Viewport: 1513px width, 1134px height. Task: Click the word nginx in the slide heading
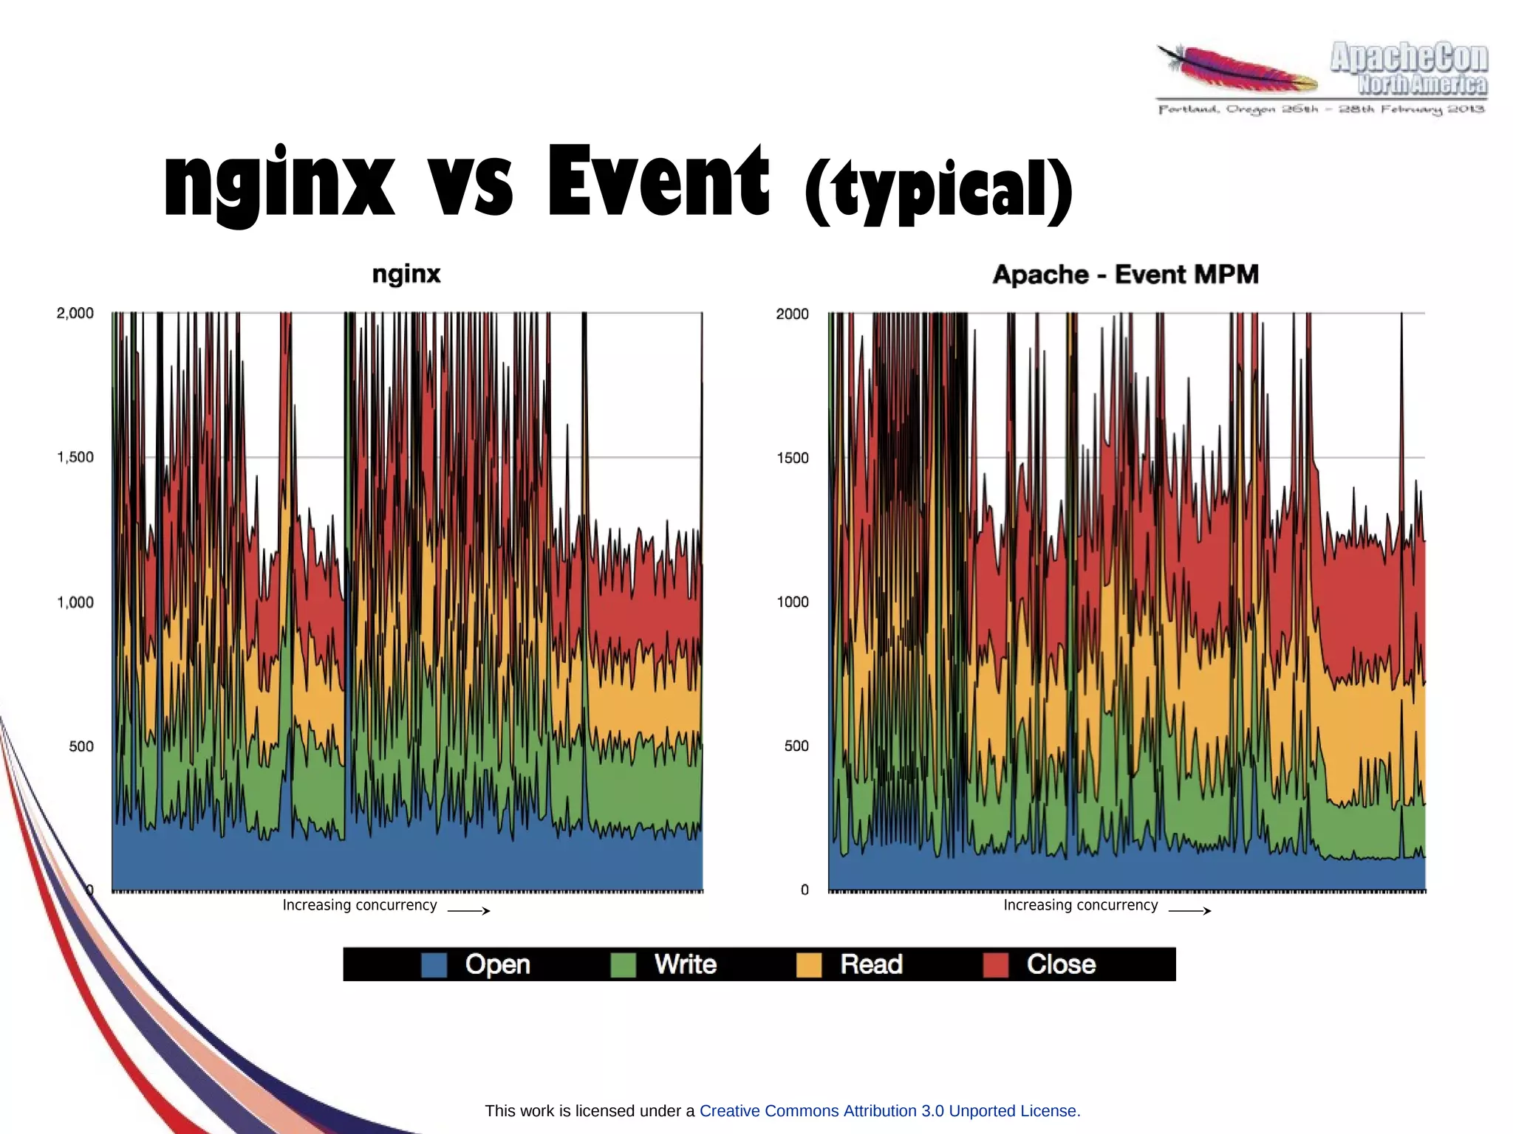click(x=279, y=182)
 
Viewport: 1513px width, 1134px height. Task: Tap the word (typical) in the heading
click(x=938, y=190)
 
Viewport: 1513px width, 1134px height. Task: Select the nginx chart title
click(x=406, y=274)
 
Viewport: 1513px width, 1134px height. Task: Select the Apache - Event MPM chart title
click(x=1125, y=275)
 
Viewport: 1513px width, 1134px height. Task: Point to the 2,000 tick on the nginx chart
click(x=75, y=313)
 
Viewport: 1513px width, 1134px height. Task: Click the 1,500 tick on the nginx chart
click(x=75, y=457)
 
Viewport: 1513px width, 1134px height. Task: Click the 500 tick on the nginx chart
click(x=81, y=746)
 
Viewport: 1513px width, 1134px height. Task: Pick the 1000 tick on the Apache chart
click(x=793, y=602)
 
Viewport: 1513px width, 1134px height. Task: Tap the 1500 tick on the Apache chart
click(x=793, y=458)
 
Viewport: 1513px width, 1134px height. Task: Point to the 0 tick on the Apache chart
click(x=805, y=890)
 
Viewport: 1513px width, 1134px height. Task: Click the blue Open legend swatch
click(x=434, y=965)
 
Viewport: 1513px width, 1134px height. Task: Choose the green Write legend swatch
click(x=623, y=965)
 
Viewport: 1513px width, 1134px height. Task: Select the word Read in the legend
click(x=871, y=964)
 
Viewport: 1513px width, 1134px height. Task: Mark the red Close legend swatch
click(x=996, y=965)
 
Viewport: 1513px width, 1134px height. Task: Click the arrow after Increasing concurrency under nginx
click(x=468, y=910)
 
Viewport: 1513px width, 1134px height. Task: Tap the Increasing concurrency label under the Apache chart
click(x=1080, y=905)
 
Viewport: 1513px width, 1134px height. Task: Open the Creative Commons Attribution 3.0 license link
click(x=889, y=1110)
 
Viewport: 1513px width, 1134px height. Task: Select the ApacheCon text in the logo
click(x=1408, y=58)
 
